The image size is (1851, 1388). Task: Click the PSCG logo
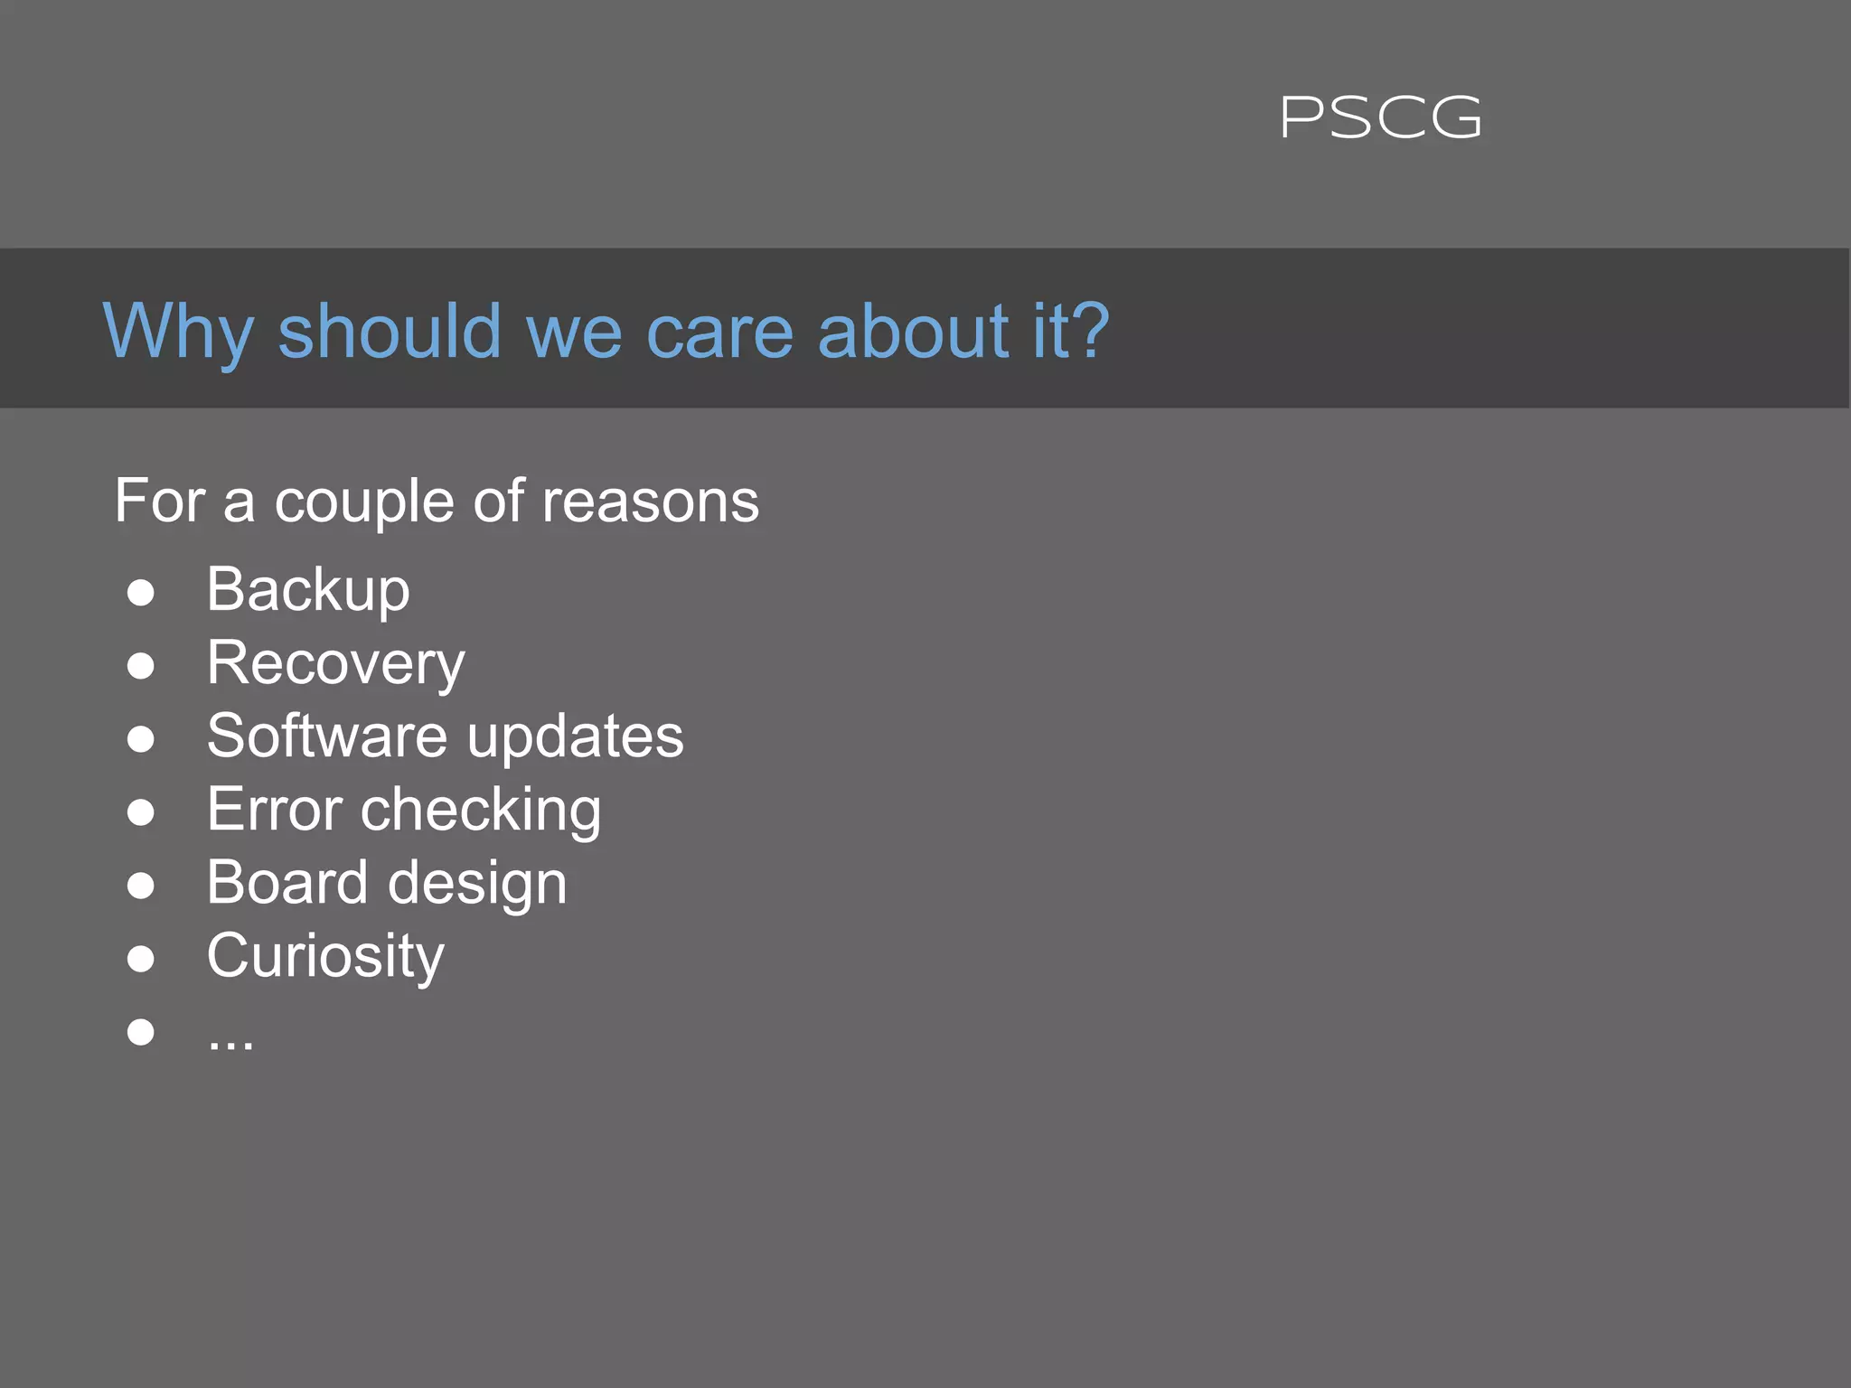point(1380,118)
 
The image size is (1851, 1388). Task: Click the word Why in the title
point(177,332)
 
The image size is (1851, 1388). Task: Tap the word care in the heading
point(719,332)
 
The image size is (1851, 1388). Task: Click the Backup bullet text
point(307,590)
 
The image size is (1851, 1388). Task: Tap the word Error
point(274,809)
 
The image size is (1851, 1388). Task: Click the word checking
point(480,811)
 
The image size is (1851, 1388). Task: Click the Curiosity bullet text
point(324,956)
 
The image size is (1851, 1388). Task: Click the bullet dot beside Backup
point(140,593)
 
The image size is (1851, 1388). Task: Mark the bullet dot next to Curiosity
point(140,958)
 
